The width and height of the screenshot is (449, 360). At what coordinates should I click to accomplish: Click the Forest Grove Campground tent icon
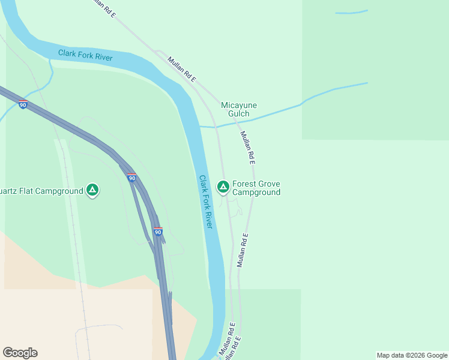(x=223, y=187)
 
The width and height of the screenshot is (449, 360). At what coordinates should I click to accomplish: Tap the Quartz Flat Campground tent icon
(x=92, y=191)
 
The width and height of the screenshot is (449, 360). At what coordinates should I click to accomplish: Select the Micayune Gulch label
(x=239, y=109)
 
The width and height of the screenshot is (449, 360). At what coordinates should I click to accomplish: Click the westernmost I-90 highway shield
(x=23, y=104)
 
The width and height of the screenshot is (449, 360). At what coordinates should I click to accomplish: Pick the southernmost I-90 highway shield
(x=158, y=232)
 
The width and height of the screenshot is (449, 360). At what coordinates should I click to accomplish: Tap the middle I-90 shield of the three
(x=132, y=178)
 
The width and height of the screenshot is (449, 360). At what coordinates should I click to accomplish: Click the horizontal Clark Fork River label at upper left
(x=86, y=55)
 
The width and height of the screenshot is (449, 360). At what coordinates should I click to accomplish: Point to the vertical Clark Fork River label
(x=206, y=202)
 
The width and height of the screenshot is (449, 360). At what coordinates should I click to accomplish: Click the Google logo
(x=20, y=353)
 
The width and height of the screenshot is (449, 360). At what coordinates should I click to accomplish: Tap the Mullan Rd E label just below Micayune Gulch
(x=248, y=148)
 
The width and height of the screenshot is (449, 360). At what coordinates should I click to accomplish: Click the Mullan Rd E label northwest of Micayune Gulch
(x=182, y=69)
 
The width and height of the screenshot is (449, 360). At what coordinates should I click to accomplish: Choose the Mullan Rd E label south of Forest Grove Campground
(x=242, y=250)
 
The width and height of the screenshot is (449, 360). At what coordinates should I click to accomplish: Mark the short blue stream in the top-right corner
(x=351, y=12)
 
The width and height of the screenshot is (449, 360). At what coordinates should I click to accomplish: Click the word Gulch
(x=239, y=114)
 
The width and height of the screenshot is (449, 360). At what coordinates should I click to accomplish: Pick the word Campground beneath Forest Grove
(x=256, y=193)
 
